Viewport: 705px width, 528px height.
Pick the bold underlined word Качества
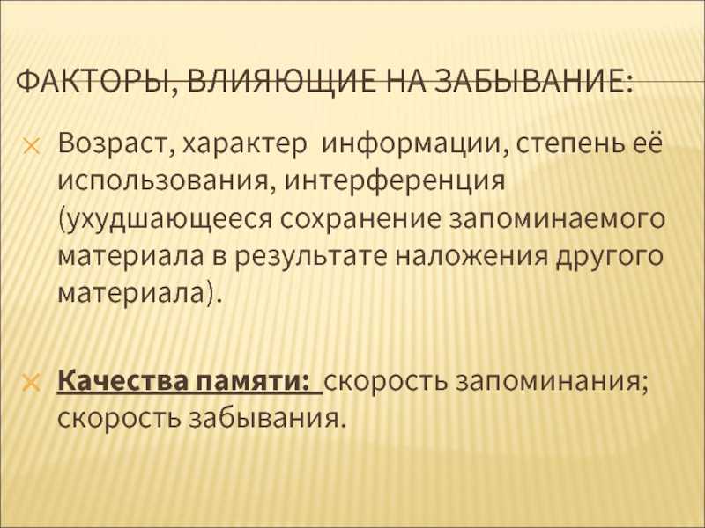click(x=123, y=382)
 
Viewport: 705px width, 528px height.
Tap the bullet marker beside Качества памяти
click(x=32, y=383)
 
